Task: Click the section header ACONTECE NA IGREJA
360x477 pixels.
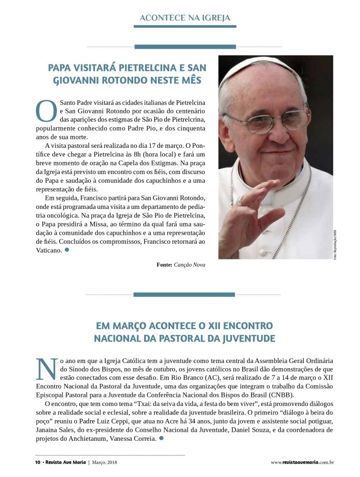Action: (185, 18)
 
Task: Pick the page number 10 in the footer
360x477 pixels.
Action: (38, 462)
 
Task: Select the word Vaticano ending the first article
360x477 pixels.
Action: (49, 250)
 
